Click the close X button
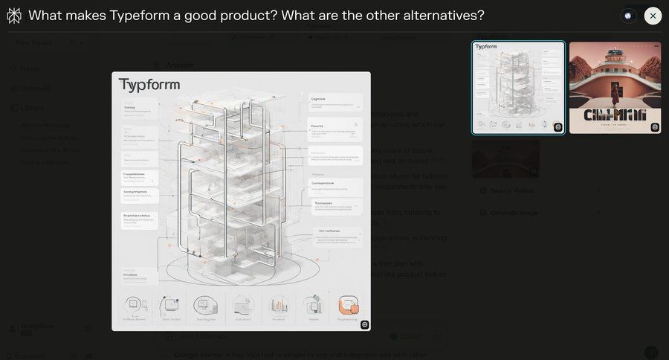pos(653,16)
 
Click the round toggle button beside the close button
pos(628,16)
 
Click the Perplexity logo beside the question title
pos(14,16)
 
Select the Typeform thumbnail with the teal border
pos(518,88)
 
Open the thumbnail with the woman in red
pos(615,88)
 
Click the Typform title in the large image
pos(149,85)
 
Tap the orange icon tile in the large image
pos(348,305)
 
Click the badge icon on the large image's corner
pos(364,324)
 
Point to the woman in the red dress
pos(615,93)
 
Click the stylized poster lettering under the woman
pos(615,115)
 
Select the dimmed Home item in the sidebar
pos(30,69)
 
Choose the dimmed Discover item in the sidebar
pos(34,89)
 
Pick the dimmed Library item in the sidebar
pos(32,108)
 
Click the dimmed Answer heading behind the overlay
pos(180,65)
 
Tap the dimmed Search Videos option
pos(511,191)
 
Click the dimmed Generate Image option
pos(514,213)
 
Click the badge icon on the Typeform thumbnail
pos(557,127)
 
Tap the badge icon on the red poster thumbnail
pos(654,127)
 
